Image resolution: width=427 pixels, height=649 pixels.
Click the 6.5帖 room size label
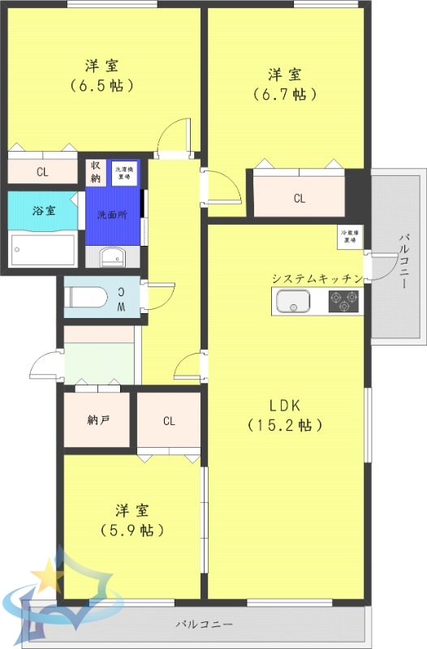(102, 84)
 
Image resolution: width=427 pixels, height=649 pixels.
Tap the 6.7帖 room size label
(283, 94)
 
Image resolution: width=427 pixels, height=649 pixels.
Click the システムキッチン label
(316, 278)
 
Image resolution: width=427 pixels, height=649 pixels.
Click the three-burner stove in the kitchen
(344, 302)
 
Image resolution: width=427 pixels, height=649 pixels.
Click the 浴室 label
(44, 211)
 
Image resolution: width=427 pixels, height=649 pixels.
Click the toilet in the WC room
(86, 297)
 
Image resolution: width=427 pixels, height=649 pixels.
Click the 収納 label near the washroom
(96, 172)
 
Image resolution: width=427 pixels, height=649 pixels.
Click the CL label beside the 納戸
(169, 420)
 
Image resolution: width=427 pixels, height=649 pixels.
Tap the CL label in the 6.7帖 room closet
(300, 198)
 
